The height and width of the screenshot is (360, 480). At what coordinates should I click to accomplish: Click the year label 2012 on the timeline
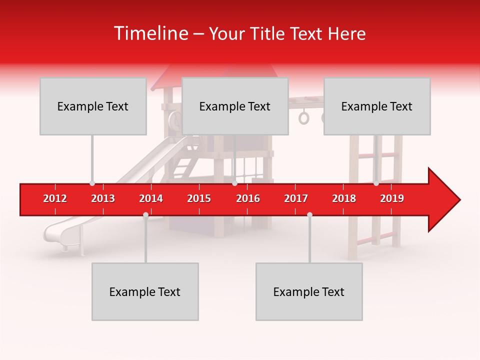coord(55,198)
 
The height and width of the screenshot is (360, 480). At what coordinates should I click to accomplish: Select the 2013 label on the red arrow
coord(103,198)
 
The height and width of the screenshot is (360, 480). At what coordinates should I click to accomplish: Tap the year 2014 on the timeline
coord(151,198)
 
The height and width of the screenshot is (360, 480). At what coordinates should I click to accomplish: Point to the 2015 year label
coord(199,198)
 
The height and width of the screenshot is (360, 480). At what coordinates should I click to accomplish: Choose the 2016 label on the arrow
coord(248,198)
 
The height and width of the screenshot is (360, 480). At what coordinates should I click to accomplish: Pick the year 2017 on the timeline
coord(296,198)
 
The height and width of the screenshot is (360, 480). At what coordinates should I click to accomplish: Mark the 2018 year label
coord(344,198)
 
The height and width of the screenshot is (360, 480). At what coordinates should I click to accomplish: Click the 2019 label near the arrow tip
coord(392,198)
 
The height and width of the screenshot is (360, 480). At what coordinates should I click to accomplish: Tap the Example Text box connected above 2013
coord(93,106)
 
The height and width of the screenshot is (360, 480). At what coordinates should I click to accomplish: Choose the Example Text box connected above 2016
coord(235,106)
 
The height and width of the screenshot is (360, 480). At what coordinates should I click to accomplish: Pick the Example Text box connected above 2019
coord(377,106)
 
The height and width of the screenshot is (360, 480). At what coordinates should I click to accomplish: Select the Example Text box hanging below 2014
coord(145,291)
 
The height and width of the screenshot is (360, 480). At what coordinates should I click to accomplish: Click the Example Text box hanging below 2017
coord(309,291)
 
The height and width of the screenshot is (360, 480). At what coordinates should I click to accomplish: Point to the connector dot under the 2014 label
coord(145,215)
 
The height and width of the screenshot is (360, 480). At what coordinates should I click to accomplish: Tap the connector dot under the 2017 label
coord(309,215)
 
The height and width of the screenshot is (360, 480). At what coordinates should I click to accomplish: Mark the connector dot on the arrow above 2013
coord(92,183)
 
